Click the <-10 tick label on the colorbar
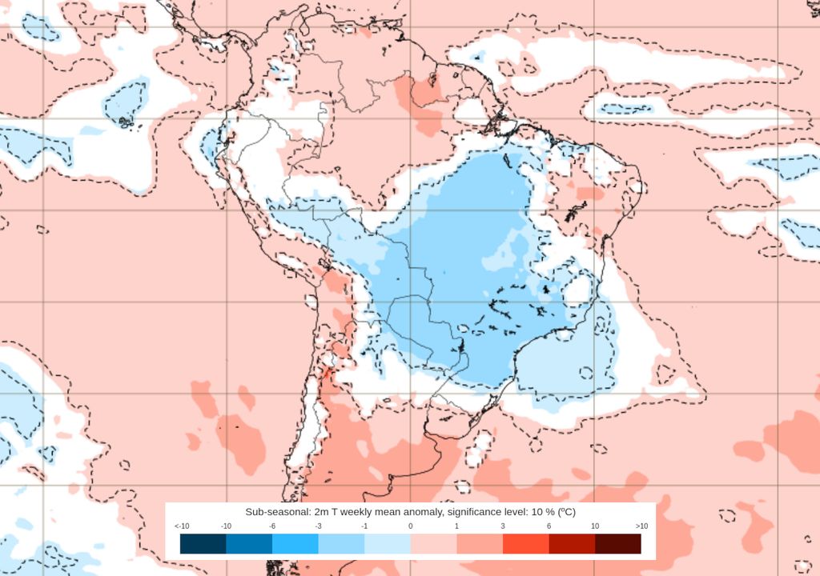tap(181, 526)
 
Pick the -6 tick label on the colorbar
tap(272, 526)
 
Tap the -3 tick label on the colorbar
tap(319, 526)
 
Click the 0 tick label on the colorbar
tap(411, 526)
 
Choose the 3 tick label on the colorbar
tap(503, 526)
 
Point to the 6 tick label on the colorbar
tap(549, 526)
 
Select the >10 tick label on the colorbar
tap(641, 526)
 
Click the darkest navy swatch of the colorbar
tap(203, 544)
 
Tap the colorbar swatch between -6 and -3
tap(295, 544)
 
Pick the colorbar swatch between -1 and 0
tap(388, 544)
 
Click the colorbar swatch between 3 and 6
tap(526, 544)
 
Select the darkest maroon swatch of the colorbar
tap(618, 544)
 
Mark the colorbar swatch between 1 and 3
tap(480, 544)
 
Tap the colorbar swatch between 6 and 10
tap(572, 544)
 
